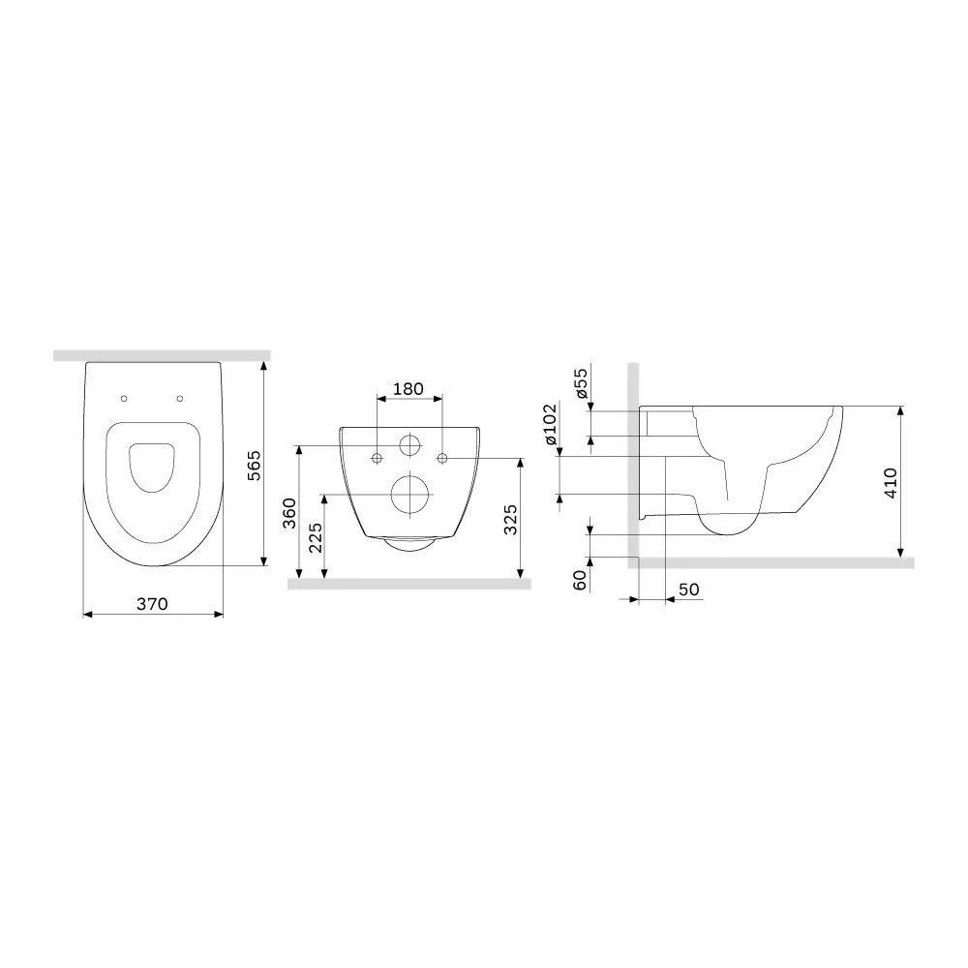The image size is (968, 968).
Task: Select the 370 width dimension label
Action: point(152,603)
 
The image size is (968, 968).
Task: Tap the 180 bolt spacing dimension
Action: point(408,389)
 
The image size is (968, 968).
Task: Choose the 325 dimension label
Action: point(512,521)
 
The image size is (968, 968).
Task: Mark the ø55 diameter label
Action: point(581,383)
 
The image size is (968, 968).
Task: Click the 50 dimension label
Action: point(688,590)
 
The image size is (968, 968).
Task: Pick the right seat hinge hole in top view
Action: point(180,398)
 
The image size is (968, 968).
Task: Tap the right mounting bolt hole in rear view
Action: point(442,457)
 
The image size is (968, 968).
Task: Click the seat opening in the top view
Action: point(152,467)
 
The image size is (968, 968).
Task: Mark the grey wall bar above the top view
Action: point(161,355)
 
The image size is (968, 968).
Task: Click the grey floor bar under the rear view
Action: point(410,584)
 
